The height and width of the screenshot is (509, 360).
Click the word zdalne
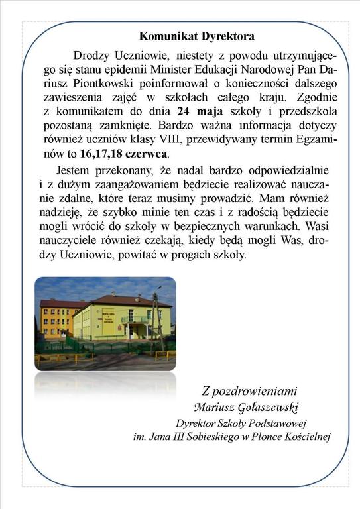point(70,198)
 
